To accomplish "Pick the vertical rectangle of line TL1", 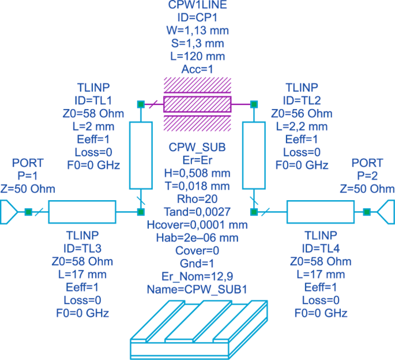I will click(140, 155).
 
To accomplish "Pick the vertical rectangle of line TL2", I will click(253, 155).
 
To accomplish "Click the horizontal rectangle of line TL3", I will click(82, 212).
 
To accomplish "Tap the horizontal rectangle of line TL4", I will click(320, 212).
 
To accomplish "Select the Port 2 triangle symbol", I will click(386, 212).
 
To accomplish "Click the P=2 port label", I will click(367, 176).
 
